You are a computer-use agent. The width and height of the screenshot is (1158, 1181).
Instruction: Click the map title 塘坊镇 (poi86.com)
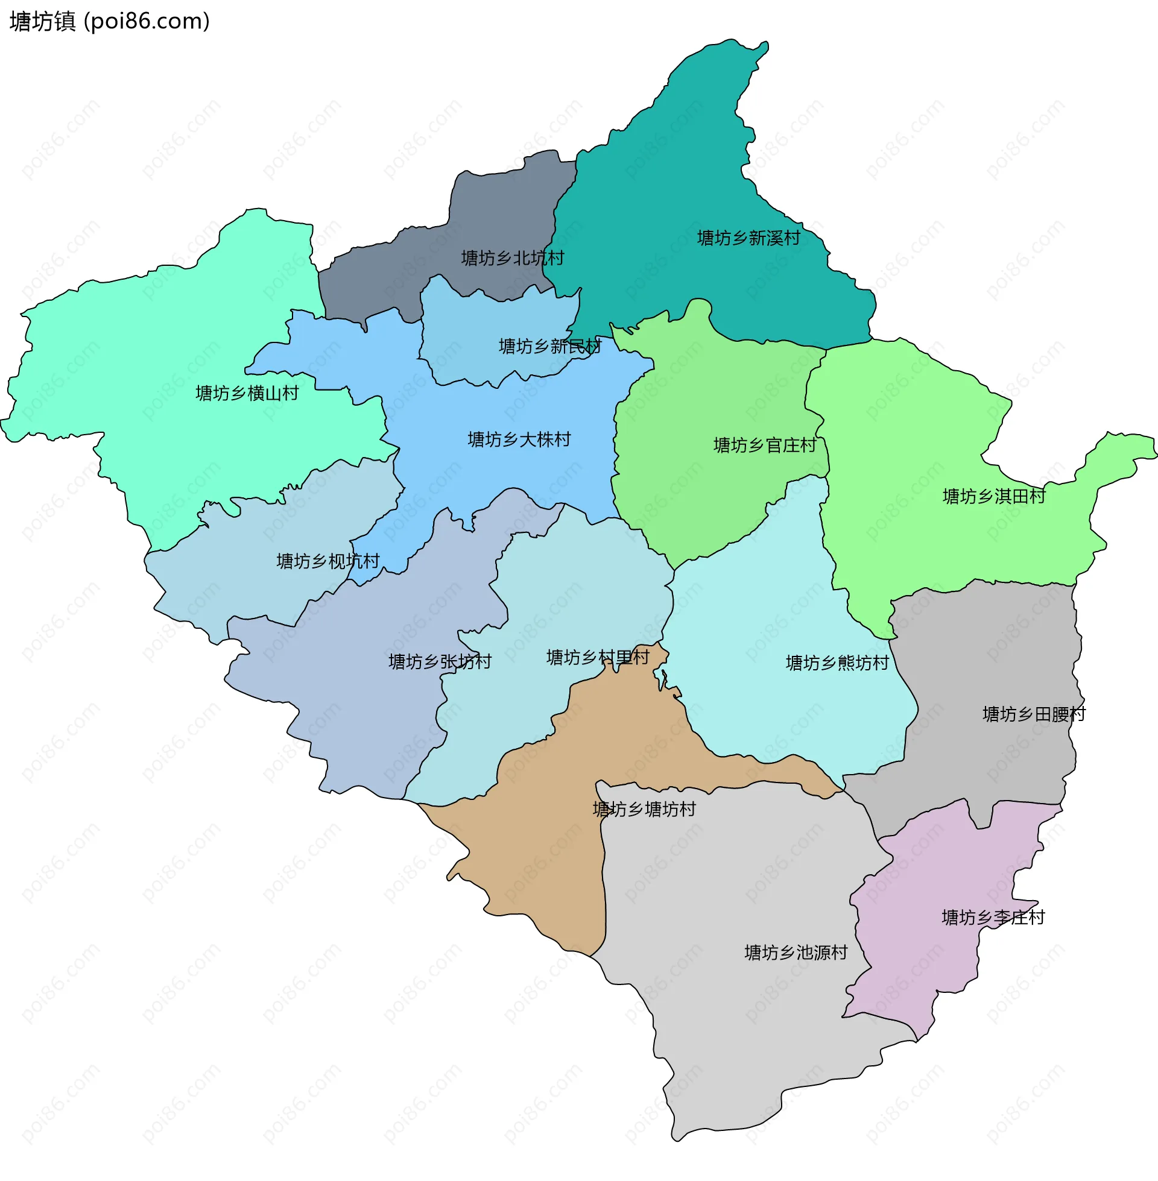tap(110, 22)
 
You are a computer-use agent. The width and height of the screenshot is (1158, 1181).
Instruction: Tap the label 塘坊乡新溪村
tap(748, 238)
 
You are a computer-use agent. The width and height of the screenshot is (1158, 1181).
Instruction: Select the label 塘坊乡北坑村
tap(512, 258)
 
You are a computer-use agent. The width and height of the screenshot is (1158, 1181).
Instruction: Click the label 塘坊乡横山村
tap(247, 394)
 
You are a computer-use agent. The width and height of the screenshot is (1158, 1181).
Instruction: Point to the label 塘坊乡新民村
tap(550, 347)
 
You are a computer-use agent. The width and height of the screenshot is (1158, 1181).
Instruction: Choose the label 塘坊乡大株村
tap(519, 439)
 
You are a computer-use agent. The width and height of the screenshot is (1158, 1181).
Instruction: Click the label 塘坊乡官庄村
tap(765, 446)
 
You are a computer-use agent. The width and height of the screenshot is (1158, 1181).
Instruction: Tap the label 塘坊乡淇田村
tap(994, 497)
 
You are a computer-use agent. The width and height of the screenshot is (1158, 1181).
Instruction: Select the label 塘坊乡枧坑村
tap(328, 561)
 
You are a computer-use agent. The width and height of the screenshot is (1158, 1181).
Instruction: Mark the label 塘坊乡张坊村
tap(440, 662)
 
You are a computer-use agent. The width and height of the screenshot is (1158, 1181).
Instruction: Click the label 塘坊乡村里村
tap(598, 658)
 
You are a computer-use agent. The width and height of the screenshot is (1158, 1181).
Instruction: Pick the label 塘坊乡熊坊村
tap(837, 663)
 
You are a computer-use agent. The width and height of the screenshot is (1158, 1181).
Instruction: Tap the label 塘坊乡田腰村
tap(1034, 714)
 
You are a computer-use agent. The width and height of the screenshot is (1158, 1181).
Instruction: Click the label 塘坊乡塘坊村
tap(644, 810)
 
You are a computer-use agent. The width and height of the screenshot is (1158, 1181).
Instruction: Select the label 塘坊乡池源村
tap(796, 953)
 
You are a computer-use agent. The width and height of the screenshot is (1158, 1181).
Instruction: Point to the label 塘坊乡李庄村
tap(993, 918)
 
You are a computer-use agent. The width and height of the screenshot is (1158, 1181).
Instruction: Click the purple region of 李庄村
tap(925, 960)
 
